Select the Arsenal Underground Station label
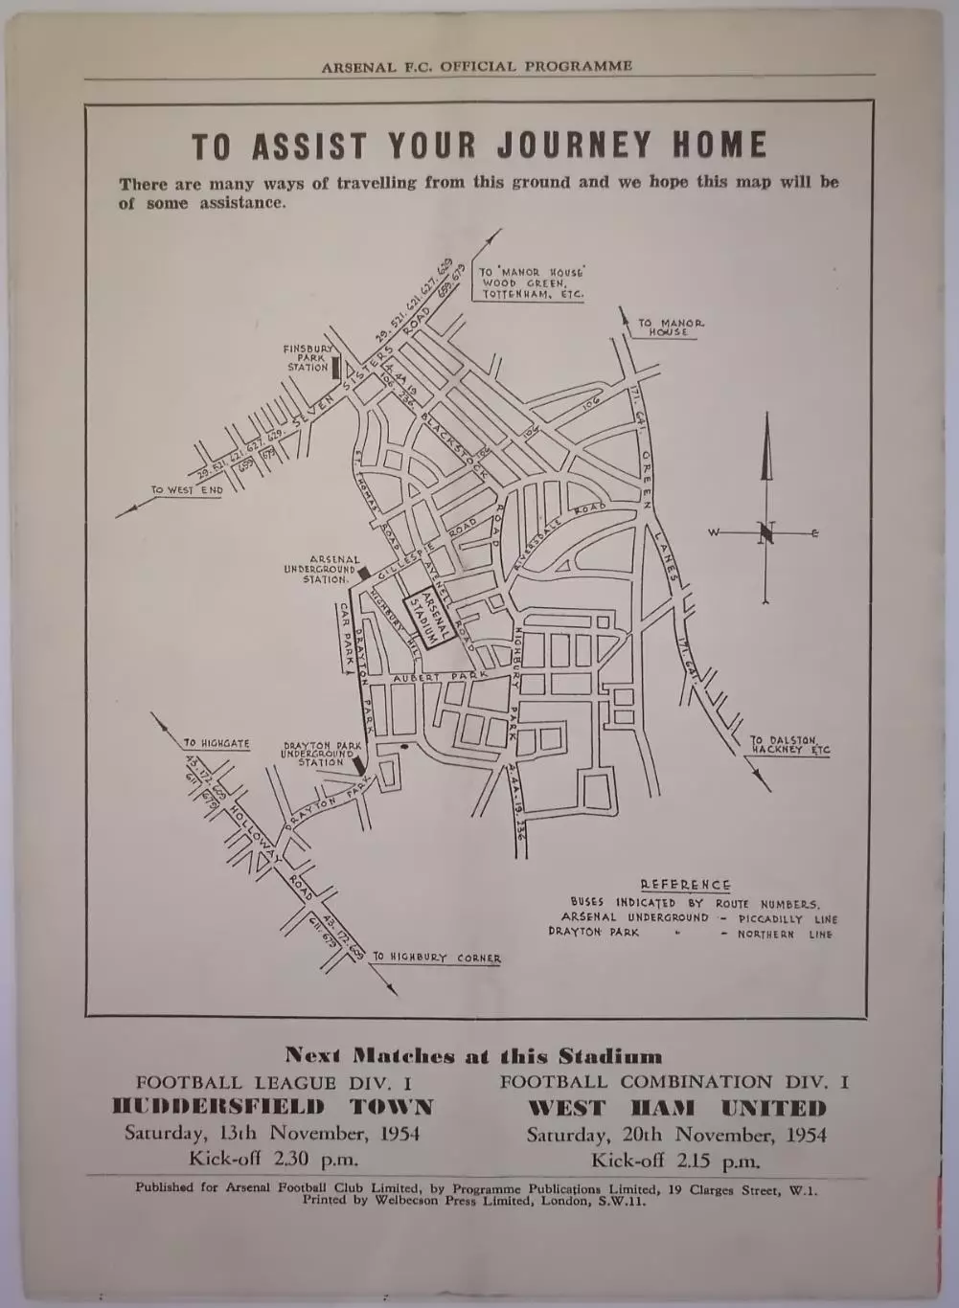[x=320, y=570]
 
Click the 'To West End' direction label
[x=188, y=490]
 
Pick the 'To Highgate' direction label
[x=217, y=743]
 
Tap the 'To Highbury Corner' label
[x=437, y=958]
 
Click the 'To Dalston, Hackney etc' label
[x=789, y=745]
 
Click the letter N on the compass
[x=766, y=533]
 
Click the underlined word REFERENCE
[x=685, y=885]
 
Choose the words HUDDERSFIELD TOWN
[x=273, y=1108]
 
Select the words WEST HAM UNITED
[x=676, y=1109]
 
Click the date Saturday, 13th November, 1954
[x=272, y=1134]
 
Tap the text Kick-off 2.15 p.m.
[x=675, y=1161]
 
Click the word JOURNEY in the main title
[x=572, y=146]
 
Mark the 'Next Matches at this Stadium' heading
[x=473, y=1056]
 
